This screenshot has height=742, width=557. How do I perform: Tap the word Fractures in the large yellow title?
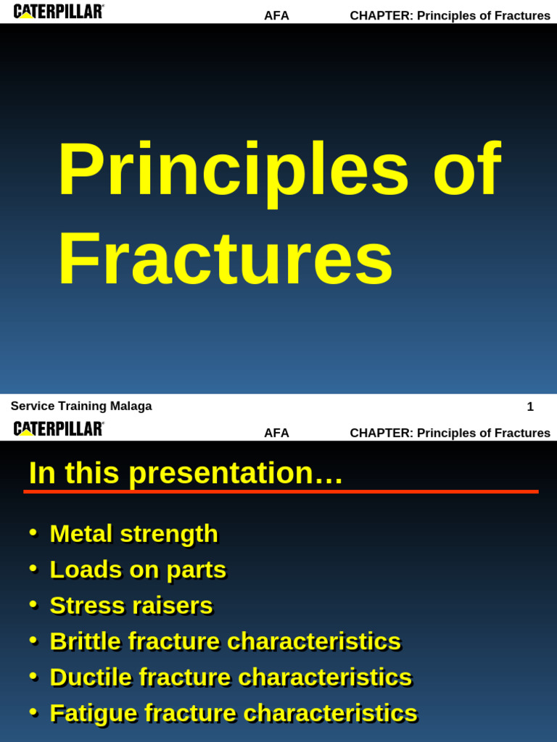click(225, 259)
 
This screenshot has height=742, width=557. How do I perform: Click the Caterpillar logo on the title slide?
click(59, 12)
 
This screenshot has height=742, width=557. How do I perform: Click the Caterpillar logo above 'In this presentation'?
click(59, 429)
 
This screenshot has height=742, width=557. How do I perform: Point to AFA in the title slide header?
click(276, 16)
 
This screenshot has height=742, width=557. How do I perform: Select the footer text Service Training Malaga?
click(81, 407)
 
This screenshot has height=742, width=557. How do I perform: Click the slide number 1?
click(530, 407)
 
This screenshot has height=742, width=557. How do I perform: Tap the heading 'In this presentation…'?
click(186, 473)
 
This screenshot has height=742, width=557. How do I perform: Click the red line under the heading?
click(281, 491)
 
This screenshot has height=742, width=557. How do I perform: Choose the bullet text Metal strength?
click(133, 534)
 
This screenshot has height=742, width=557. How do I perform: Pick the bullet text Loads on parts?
click(138, 570)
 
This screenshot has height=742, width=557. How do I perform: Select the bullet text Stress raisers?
click(131, 606)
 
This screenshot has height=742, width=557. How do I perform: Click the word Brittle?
click(86, 641)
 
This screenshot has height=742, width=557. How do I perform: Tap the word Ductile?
click(91, 678)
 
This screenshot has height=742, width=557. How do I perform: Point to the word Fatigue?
click(94, 713)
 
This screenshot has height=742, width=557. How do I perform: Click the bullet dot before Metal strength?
click(33, 533)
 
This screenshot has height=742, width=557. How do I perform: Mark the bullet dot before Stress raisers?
click(33, 604)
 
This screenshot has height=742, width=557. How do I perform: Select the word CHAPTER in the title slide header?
click(381, 16)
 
